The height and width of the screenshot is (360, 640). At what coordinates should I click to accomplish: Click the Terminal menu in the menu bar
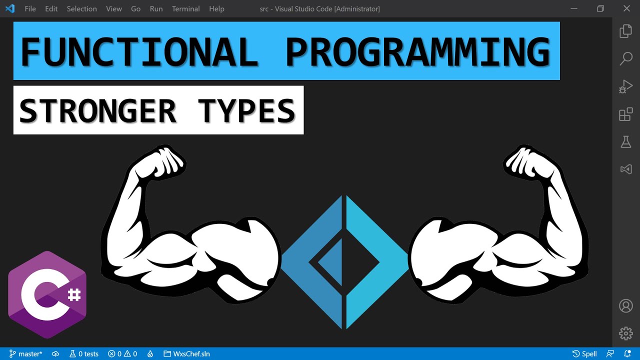point(185,9)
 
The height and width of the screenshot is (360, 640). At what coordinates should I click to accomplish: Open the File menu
point(30,9)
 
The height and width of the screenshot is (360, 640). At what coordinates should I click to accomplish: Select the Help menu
point(216,9)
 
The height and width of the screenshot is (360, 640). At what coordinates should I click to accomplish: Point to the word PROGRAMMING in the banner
point(418,52)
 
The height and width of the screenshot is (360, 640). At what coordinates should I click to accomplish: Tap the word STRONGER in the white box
point(98,110)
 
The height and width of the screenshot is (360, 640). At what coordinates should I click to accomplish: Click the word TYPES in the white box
point(246,110)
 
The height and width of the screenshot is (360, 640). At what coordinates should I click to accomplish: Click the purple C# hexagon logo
point(47,295)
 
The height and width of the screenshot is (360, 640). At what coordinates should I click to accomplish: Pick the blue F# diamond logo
point(344,262)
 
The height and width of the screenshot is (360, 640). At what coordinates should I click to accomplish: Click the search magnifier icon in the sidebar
point(626,59)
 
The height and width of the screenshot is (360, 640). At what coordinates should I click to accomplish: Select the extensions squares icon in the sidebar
point(626,114)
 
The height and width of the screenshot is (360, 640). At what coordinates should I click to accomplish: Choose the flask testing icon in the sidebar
point(626,142)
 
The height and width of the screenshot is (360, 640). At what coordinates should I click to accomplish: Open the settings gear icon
point(626,333)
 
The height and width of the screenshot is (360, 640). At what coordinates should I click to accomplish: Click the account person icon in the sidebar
point(626,305)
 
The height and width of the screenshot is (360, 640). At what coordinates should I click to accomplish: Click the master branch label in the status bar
point(26,354)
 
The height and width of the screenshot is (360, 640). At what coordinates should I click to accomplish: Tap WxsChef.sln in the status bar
point(187,354)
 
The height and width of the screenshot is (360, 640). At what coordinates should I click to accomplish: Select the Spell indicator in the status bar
point(584,354)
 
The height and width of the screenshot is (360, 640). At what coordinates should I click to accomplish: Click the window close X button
point(626,9)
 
